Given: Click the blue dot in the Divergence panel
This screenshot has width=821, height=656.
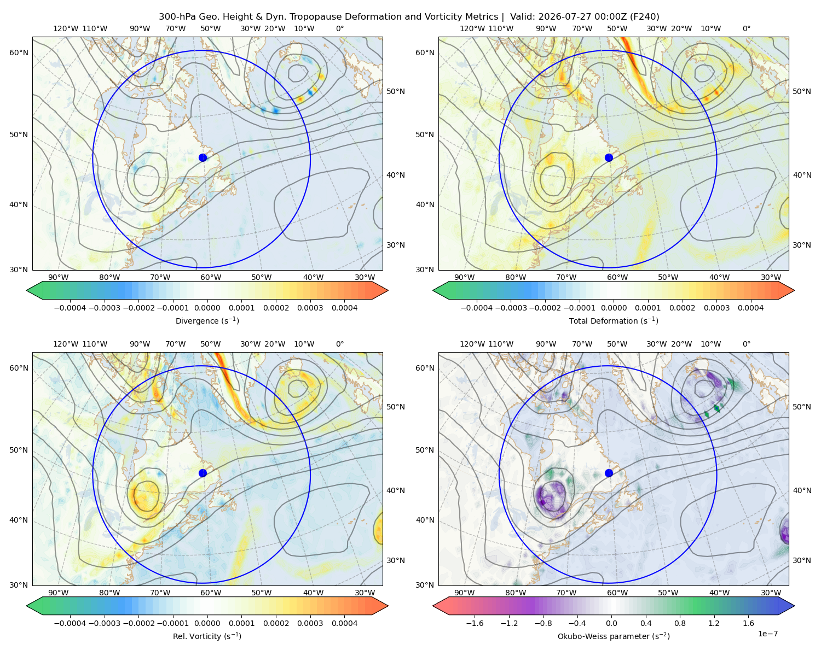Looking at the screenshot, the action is [x=203, y=157].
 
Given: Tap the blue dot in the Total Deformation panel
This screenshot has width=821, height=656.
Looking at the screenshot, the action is [x=609, y=157].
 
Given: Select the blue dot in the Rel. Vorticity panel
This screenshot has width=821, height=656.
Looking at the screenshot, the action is [x=203, y=473].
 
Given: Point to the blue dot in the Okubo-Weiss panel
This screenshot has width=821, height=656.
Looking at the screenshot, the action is [x=609, y=473].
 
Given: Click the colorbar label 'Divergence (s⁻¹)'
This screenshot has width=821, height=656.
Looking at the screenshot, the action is [x=207, y=320].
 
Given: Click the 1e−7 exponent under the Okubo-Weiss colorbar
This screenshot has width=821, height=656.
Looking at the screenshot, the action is [x=767, y=634].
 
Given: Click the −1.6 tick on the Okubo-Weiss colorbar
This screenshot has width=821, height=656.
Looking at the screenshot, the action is [x=475, y=623].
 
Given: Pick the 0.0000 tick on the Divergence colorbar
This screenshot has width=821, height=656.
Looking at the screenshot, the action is [x=207, y=308].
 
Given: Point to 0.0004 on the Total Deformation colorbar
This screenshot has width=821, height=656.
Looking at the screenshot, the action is [x=750, y=308].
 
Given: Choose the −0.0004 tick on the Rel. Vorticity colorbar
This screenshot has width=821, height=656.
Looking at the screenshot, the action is [x=70, y=623].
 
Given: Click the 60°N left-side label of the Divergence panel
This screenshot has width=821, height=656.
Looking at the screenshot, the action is [x=19, y=52].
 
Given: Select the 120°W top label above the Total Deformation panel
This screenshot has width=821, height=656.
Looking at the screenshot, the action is [x=472, y=28].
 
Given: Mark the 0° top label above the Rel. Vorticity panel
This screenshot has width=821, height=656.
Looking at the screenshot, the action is [x=340, y=344].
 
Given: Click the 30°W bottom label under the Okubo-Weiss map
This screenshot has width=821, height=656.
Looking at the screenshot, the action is [x=771, y=593].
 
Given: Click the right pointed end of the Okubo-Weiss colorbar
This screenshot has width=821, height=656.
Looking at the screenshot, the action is [x=794, y=606].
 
